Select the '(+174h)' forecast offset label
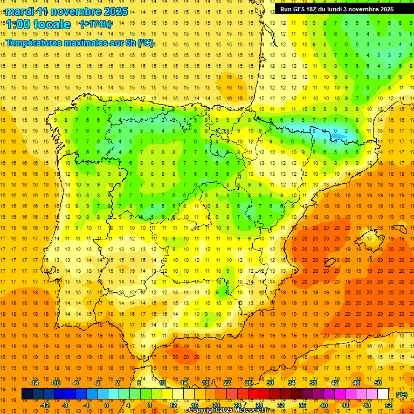96,24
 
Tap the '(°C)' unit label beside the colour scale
402,394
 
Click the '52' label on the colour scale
389,405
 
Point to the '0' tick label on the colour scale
107,405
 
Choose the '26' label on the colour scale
249,383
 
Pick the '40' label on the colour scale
324,405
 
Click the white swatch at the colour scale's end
383,394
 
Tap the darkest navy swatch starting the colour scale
27,394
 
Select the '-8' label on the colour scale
65,405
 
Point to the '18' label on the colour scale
205,383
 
